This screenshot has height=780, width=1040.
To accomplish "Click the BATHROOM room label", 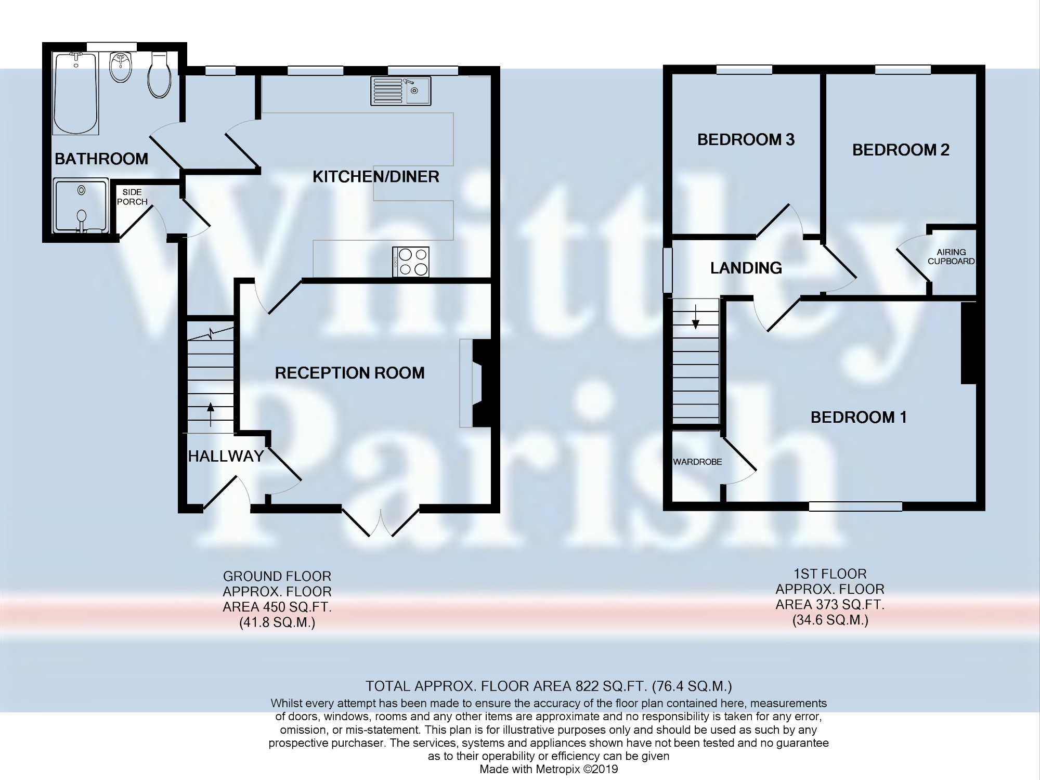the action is [101, 159].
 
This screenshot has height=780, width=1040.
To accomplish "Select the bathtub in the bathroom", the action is [76, 94].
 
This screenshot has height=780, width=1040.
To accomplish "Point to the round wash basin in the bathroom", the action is [121, 67].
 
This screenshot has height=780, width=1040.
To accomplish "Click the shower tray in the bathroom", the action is [81, 205].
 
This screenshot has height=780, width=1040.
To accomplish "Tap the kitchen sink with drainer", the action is [401, 91].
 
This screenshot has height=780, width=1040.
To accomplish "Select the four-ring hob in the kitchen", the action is [411, 262].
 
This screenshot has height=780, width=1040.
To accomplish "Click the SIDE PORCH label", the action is [132, 197].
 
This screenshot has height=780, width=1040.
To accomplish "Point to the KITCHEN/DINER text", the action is [376, 177].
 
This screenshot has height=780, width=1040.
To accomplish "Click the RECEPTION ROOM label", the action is [350, 373].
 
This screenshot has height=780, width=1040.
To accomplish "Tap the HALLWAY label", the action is [226, 457].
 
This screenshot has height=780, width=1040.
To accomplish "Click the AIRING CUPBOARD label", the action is [951, 257].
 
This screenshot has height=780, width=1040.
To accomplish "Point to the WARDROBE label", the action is [697, 462].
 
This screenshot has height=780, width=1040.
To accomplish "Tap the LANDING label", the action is [746, 268].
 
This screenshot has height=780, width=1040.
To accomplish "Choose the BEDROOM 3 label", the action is [746, 139].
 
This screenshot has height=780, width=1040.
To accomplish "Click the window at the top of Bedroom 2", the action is [903, 69].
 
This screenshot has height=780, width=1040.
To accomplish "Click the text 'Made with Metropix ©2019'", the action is [549, 769].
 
